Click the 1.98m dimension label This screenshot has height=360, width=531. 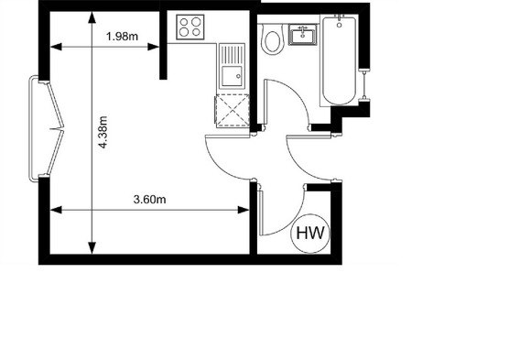pyautogui.click(x=123, y=37)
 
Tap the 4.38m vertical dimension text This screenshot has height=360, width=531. pyautogui.click(x=103, y=132)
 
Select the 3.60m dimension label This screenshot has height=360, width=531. pyautogui.click(x=149, y=200)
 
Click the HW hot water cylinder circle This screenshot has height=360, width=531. pyautogui.click(x=311, y=234)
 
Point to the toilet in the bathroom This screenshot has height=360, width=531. pyautogui.click(x=272, y=39)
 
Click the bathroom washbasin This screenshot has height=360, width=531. pyautogui.click(x=303, y=35)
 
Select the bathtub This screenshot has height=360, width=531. pyautogui.click(x=340, y=60)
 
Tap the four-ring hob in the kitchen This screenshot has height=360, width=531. pyautogui.click(x=190, y=27)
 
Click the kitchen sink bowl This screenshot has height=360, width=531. pyautogui.click(x=232, y=77)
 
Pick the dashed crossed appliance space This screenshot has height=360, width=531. pyautogui.click(x=233, y=111)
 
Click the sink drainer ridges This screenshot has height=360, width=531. pyautogui.click(x=232, y=55)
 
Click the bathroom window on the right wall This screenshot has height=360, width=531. pyautogui.click(x=364, y=85)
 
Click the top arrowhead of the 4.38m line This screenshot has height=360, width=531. pyautogui.click(x=92, y=17)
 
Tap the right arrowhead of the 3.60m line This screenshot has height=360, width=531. pyautogui.click(x=244, y=210)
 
